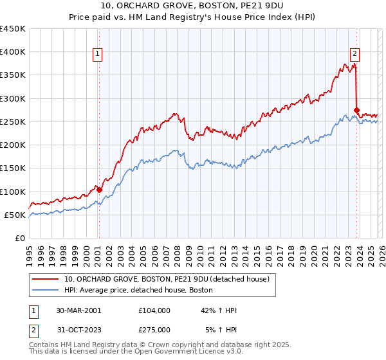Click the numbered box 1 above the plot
[x=98, y=55]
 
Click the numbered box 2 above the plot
[x=354, y=55]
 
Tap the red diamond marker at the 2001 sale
[x=98, y=190]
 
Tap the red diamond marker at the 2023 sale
[x=357, y=110]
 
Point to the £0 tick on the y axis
[x=21, y=238]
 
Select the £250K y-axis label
[x=13, y=122]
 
